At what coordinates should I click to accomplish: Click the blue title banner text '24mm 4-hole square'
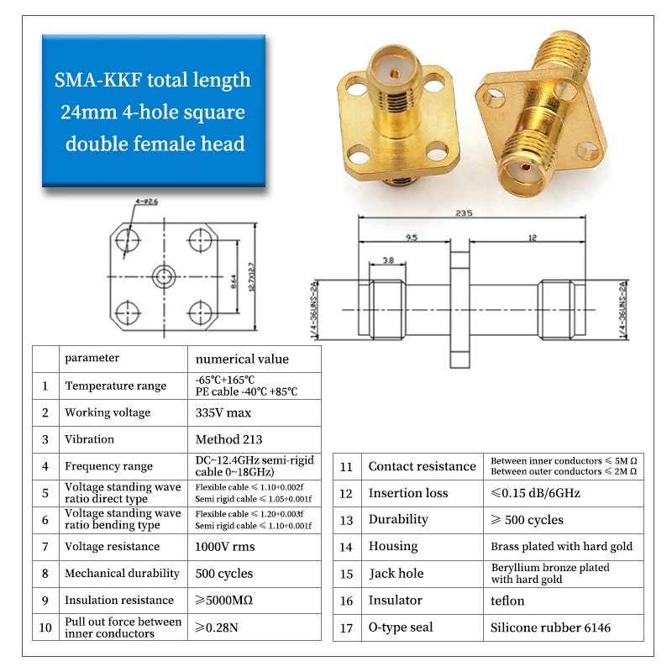point(153,112)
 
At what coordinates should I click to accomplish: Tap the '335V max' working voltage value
point(223,412)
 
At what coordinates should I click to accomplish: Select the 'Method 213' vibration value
point(228,439)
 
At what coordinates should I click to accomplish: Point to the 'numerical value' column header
point(242,359)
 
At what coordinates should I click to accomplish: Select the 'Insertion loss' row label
point(408,493)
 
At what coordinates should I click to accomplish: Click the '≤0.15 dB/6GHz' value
point(535,493)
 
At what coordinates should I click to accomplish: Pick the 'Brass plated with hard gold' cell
point(562,547)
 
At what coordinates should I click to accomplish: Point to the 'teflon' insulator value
point(507,601)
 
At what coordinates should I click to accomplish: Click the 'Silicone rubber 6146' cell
point(551,627)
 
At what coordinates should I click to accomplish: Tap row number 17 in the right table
point(346,627)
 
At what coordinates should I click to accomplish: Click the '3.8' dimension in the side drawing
point(388,260)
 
